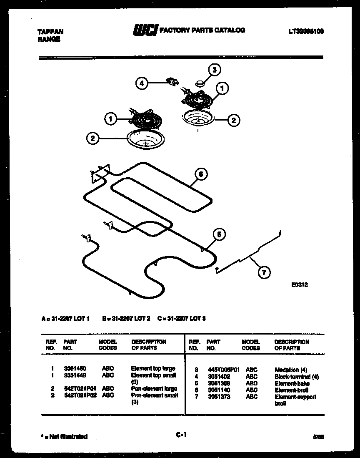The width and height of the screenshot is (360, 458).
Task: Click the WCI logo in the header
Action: [145, 30]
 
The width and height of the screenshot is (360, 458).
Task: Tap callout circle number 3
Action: [214, 70]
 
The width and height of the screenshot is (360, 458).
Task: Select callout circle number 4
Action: [142, 83]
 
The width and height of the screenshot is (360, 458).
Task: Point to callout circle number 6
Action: [200, 174]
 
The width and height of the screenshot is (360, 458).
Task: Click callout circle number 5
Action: [219, 234]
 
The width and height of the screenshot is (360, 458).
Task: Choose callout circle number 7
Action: [263, 273]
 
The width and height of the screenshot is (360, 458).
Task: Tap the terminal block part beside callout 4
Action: [171, 81]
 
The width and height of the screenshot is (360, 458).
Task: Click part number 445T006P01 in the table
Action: [224, 370]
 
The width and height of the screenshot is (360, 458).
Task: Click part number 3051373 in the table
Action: [218, 397]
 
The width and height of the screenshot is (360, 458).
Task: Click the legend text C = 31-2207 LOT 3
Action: [182, 319]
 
